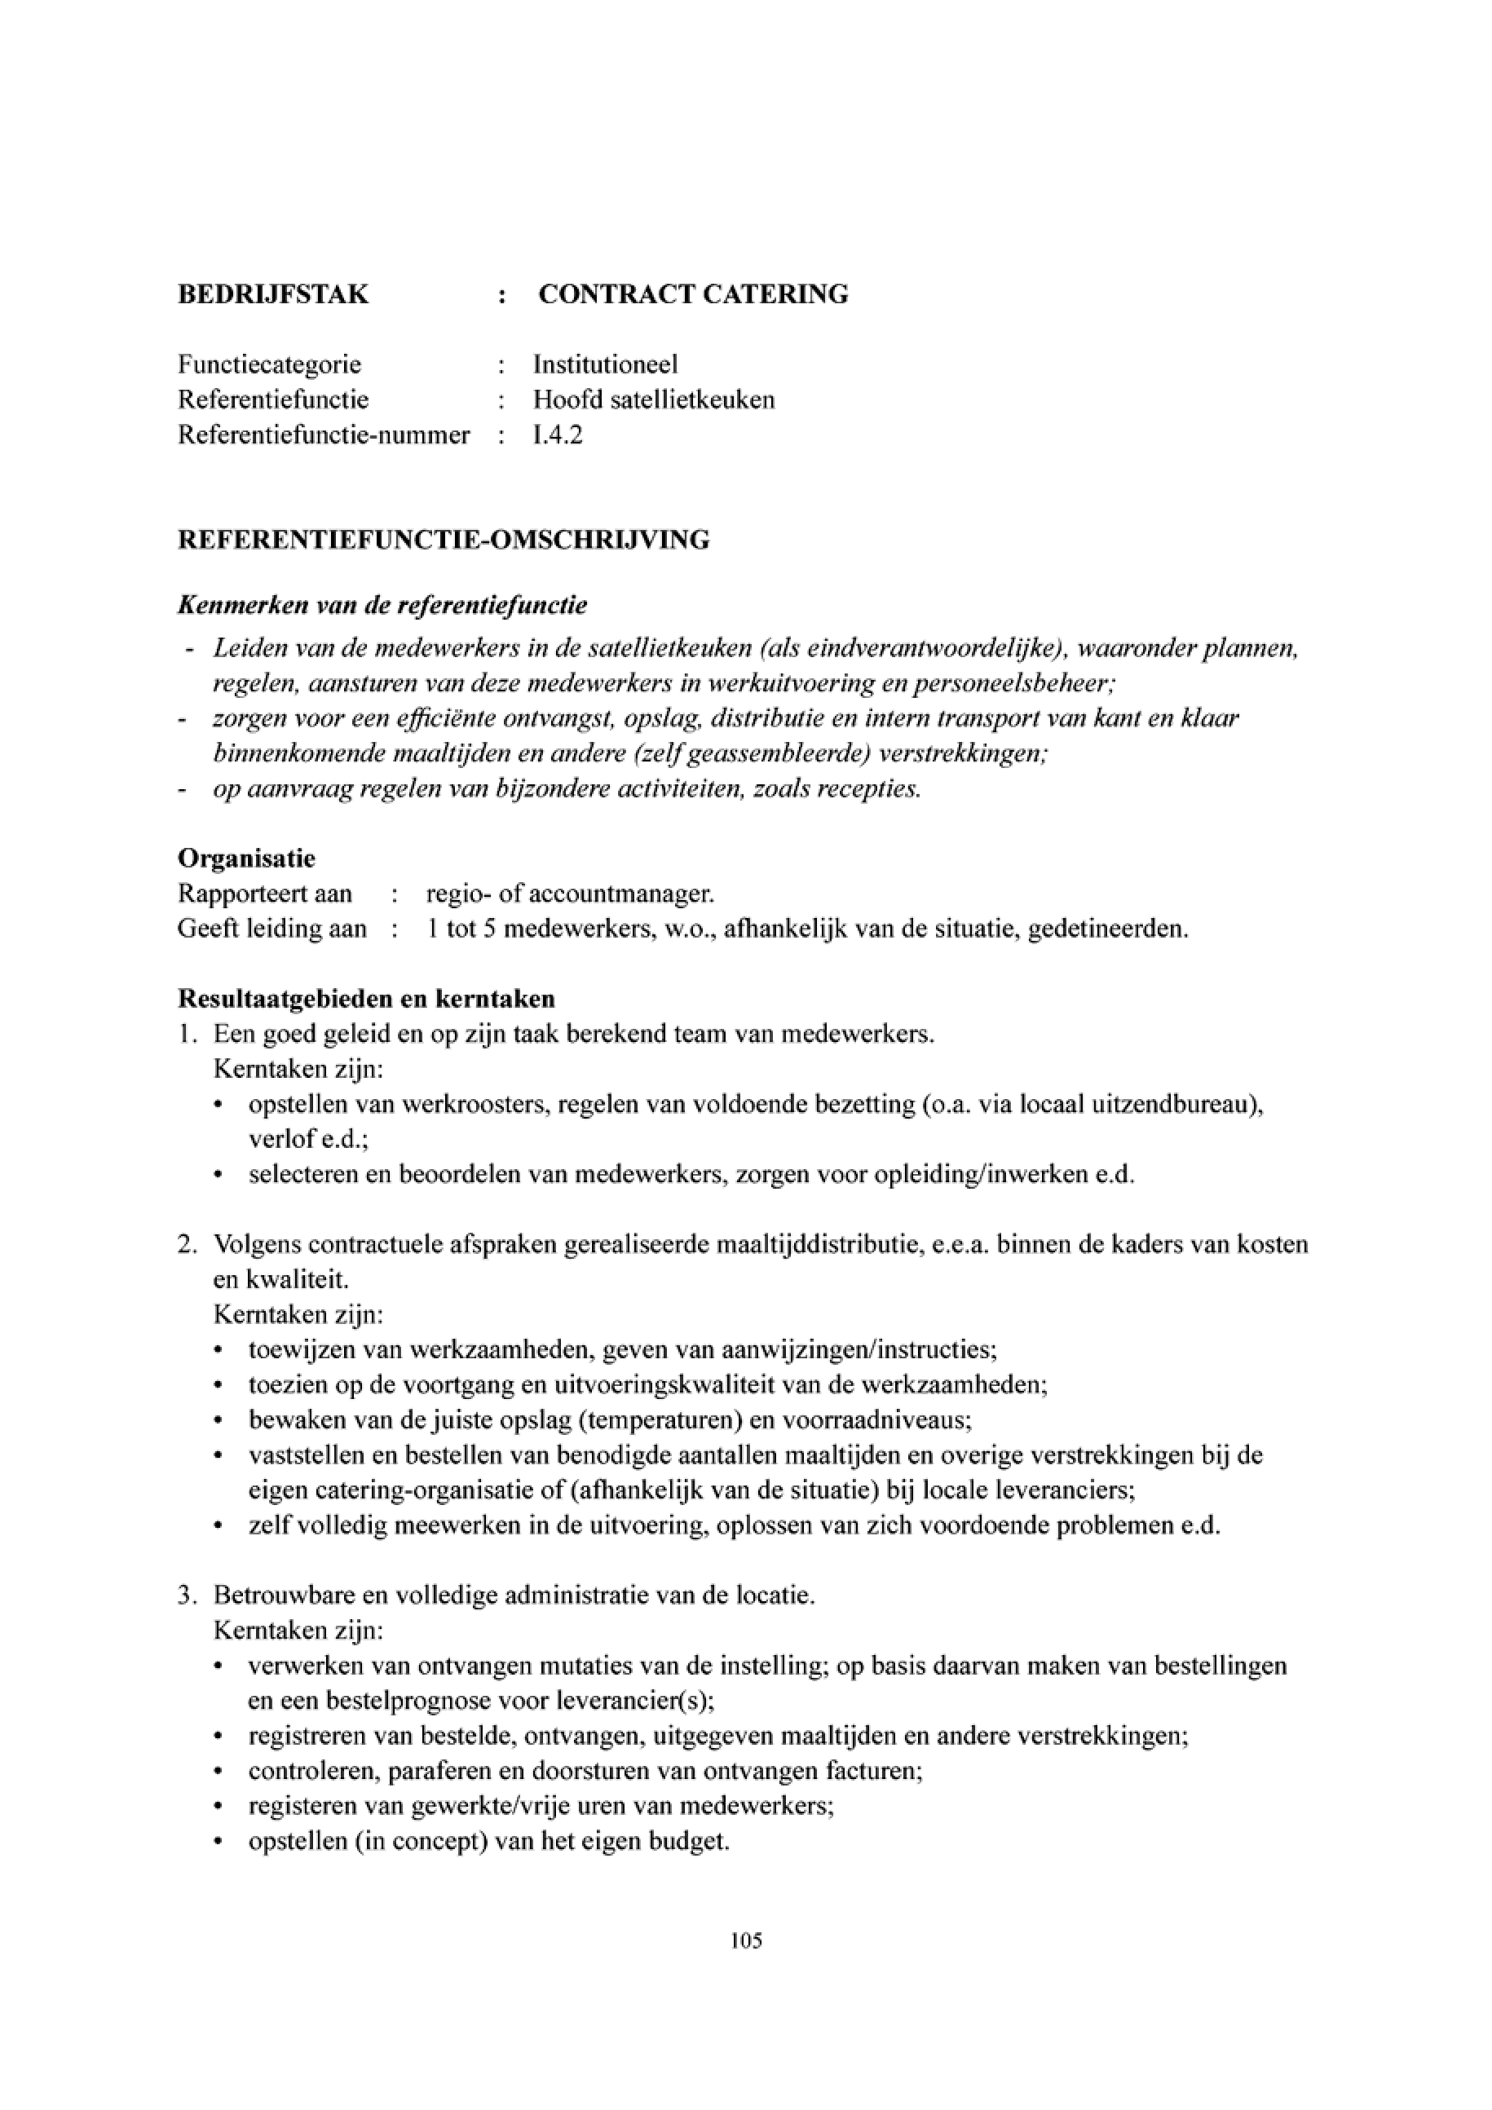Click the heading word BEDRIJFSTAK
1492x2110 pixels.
pyautogui.click(x=273, y=294)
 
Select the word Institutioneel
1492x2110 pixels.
pyautogui.click(x=606, y=364)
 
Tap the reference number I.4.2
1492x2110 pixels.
pyautogui.click(x=558, y=435)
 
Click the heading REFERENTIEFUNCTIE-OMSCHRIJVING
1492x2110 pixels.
pyautogui.click(x=444, y=540)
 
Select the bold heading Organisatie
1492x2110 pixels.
pyautogui.click(x=246, y=859)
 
